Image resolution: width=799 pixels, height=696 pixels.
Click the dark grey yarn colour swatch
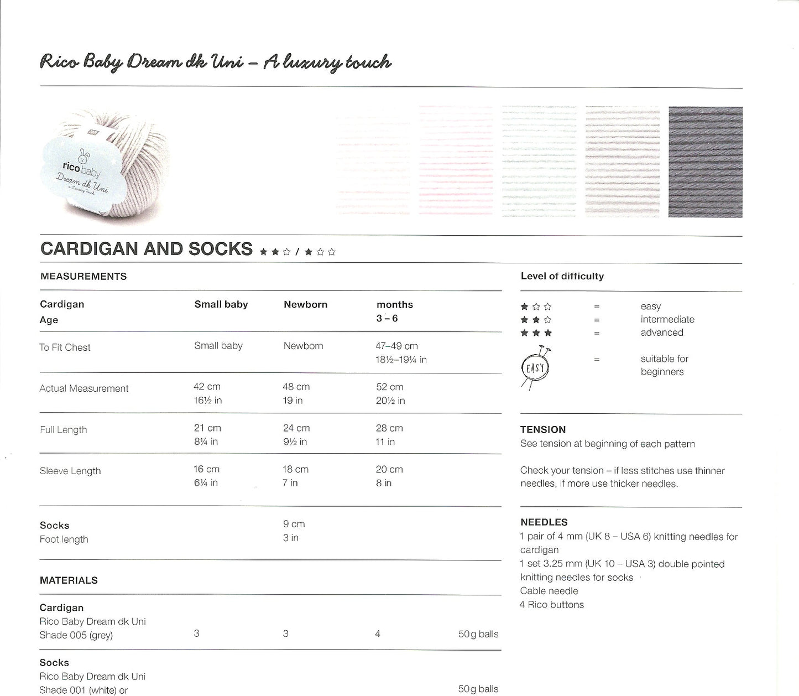click(705, 162)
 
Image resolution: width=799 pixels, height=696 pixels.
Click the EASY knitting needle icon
click(535, 368)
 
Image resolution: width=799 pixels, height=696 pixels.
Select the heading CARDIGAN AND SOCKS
click(147, 249)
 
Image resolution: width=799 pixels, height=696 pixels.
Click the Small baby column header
click(221, 304)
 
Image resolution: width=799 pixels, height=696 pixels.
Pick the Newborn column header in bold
click(305, 304)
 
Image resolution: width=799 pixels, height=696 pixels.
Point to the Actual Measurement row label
click(84, 388)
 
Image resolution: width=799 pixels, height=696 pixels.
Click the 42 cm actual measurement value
click(207, 387)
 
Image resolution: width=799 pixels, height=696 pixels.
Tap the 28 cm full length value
click(389, 428)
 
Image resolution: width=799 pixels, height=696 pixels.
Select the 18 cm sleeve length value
click(295, 469)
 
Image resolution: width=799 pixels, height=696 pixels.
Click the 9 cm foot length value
click(294, 524)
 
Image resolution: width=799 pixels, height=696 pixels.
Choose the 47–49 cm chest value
click(396, 346)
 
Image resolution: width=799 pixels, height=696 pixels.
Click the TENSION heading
click(543, 429)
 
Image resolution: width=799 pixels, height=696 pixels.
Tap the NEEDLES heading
click(544, 522)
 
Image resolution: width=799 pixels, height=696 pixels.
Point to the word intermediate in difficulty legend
click(667, 319)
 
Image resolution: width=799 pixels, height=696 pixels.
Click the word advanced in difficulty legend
click(662, 333)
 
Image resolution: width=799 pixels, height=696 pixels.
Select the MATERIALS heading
click(69, 580)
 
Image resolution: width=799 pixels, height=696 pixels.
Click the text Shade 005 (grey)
click(76, 635)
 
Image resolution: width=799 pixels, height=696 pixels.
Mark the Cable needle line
click(549, 591)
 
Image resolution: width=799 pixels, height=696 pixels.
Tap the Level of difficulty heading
click(562, 276)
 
